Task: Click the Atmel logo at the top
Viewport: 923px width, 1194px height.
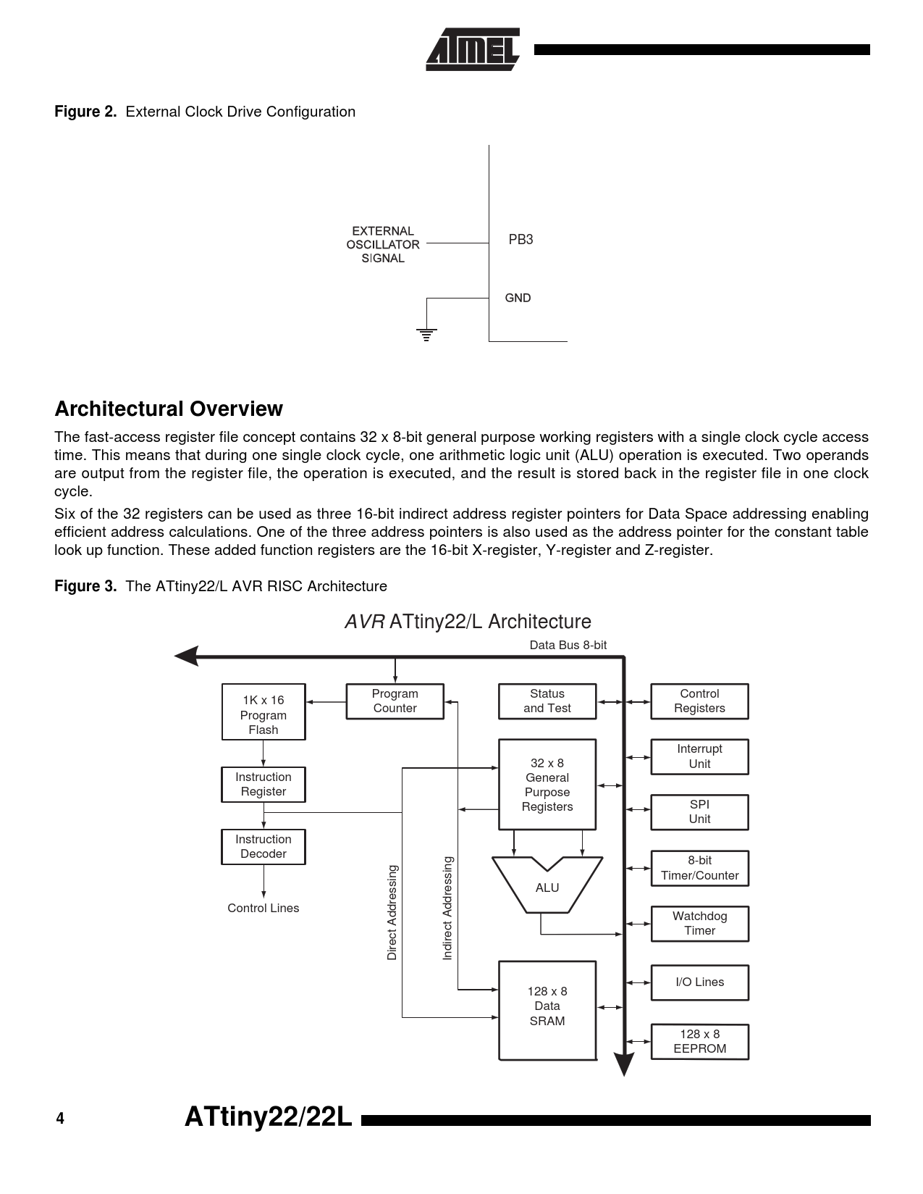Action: [x=472, y=49]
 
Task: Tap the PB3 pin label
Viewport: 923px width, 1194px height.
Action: [x=520, y=240]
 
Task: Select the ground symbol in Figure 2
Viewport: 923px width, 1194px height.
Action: [x=426, y=335]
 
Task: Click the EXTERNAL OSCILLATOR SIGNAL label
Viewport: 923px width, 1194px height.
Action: [x=383, y=244]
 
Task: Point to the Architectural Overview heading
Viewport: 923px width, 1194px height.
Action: [x=169, y=409]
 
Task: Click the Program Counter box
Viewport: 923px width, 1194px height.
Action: [x=395, y=701]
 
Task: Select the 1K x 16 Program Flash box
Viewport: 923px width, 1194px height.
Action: [x=264, y=711]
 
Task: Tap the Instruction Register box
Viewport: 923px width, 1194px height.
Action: [x=264, y=784]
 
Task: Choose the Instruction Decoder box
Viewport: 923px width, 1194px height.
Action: [x=264, y=847]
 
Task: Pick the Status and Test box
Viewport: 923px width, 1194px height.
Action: [x=547, y=701]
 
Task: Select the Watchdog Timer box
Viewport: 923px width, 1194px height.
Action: [x=699, y=924]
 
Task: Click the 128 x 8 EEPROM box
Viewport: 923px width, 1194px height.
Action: [x=699, y=1041]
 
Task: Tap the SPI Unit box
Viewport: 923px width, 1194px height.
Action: [x=699, y=812]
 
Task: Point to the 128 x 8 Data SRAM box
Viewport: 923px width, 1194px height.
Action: [x=547, y=1011]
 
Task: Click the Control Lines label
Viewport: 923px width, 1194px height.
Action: [x=264, y=909]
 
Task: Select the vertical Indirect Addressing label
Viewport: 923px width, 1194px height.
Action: [x=448, y=909]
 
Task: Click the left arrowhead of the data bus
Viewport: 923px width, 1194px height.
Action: [x=187, y=656]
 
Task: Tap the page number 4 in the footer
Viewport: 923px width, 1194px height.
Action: [x=60, y=1119]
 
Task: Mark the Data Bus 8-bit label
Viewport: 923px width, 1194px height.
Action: [x=568, y=645]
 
